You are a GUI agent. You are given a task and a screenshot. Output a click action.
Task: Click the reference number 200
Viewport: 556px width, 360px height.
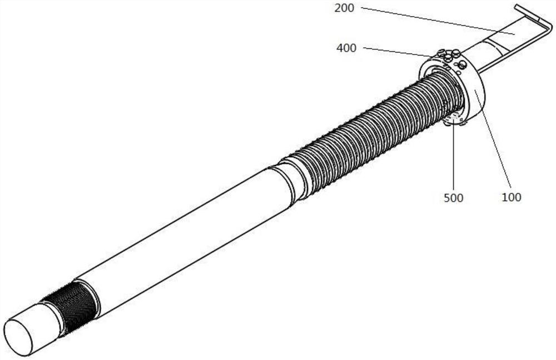(x=344, y=8)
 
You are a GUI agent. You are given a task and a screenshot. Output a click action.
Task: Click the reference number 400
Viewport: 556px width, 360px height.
(x=346, y=48)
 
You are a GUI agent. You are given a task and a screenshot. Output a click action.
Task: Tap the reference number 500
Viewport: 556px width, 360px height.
(x=454, y=198)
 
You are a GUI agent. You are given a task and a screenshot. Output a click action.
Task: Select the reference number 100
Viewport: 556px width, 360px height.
(x=512, y=197)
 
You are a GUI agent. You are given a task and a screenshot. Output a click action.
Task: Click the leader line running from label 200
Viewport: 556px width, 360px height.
(x=438, y=21)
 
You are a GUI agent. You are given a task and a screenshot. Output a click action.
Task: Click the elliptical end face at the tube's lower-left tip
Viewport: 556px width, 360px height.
(x=18, y=337)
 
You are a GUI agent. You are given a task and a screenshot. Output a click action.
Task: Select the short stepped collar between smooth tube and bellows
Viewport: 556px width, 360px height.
(x=291, y=181)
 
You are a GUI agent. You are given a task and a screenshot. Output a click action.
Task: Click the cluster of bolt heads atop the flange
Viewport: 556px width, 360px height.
(x=448, y=55)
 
